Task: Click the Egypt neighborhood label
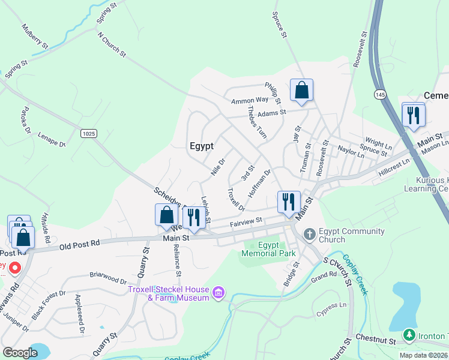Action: [202, 145]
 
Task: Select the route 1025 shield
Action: [89, 133]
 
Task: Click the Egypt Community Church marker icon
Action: [310, 233]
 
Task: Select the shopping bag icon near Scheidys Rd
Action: [167, 215]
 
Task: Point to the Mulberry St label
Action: [34, 35]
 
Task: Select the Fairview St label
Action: [247, 223]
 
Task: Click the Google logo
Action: [20, 353]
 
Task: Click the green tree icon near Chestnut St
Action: [409, 335]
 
